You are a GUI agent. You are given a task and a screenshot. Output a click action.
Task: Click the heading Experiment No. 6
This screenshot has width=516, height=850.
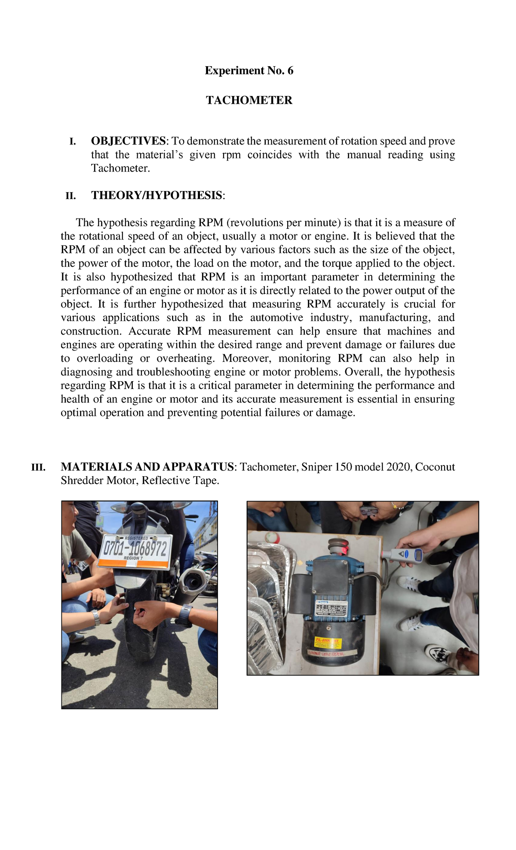249,71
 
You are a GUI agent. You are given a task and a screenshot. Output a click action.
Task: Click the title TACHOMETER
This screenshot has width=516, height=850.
249,100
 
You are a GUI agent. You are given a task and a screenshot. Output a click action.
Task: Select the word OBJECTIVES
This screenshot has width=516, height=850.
128,141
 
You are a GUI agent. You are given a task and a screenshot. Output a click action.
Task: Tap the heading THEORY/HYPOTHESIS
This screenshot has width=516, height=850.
157,195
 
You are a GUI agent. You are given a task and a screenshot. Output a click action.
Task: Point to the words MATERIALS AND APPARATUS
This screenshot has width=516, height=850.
147,467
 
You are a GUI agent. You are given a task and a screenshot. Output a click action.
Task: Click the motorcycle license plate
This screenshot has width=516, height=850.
135,551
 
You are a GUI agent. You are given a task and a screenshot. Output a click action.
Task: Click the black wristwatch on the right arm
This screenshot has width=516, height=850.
184,615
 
